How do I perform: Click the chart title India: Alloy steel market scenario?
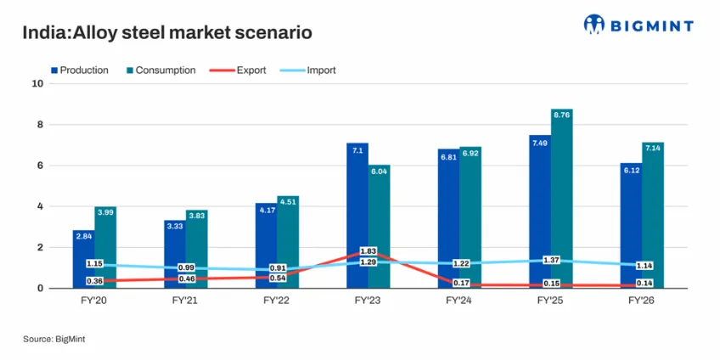point(167,32)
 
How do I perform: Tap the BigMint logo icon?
point(594,25)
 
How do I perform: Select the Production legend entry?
point(80,70)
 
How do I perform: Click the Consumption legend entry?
point(160,70)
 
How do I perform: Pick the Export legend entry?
point(238,70)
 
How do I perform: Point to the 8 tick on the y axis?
point(40,125)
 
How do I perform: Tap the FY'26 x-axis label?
point(642,301)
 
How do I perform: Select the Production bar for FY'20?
point(83,260)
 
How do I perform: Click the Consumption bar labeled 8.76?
point(562,199)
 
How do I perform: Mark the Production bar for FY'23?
point(357,216)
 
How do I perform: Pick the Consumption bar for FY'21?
point(196,250)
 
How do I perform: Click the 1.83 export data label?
point(368,251)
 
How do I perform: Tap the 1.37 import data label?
point(551,261)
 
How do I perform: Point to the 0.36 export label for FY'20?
point(94,281)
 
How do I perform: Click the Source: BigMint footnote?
point(54,340)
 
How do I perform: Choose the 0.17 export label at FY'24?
point(459,283)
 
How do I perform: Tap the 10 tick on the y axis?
point(37,83)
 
